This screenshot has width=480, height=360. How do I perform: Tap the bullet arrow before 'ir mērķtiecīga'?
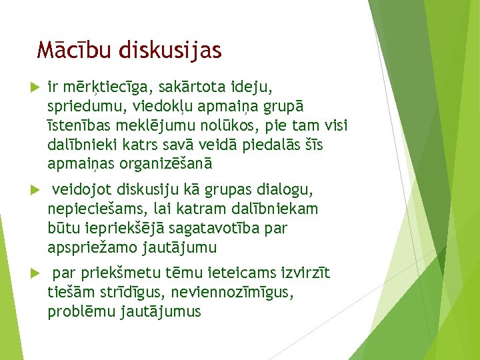point(35,88)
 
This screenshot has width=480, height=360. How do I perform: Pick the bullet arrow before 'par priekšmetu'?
point(35,274)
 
